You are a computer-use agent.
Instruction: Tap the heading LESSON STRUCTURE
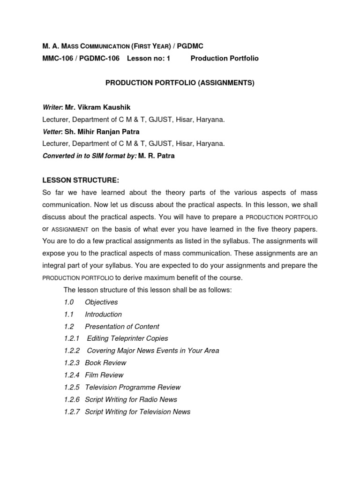[x=81, y=180]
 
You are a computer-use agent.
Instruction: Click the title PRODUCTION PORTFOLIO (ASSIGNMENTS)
[x=180, y=83]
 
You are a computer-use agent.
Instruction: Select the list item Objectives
[x=101, y=302]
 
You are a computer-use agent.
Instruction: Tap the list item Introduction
[x=103, y=315]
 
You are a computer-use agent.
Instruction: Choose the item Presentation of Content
[x=122, y=327]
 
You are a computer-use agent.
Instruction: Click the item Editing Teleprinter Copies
[x=127, y=338]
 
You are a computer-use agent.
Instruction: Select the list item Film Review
[x=104, y=375]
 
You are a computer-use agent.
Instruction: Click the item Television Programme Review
[x=133, y=387]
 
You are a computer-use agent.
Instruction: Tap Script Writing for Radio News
[x=131, y=399]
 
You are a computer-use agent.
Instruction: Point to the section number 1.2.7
[x=72, y=412]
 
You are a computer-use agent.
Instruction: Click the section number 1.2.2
[x=72, y=351]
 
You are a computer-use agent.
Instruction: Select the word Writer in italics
[x=52, y=107]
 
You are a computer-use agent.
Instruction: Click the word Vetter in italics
[x=52, y=132]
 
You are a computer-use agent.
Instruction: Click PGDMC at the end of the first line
[x=190, y=46]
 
